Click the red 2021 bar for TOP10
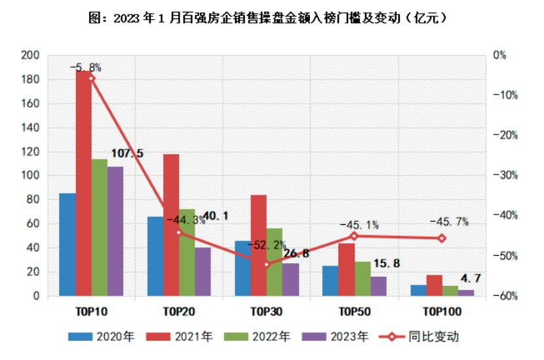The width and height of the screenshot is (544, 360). pos(83,184)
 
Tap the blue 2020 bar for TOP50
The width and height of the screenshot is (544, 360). pos(330,281)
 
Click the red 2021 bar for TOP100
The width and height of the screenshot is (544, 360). pos(434,285)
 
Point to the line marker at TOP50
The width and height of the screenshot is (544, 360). pos(354,236)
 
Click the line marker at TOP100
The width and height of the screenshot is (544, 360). pos(442,238)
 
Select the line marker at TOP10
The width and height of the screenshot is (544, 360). pos(91,78)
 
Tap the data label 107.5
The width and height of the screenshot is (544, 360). pos(128,153)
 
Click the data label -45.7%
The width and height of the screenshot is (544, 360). pos(449,222)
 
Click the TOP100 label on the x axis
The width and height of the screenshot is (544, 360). pos(442,311)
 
